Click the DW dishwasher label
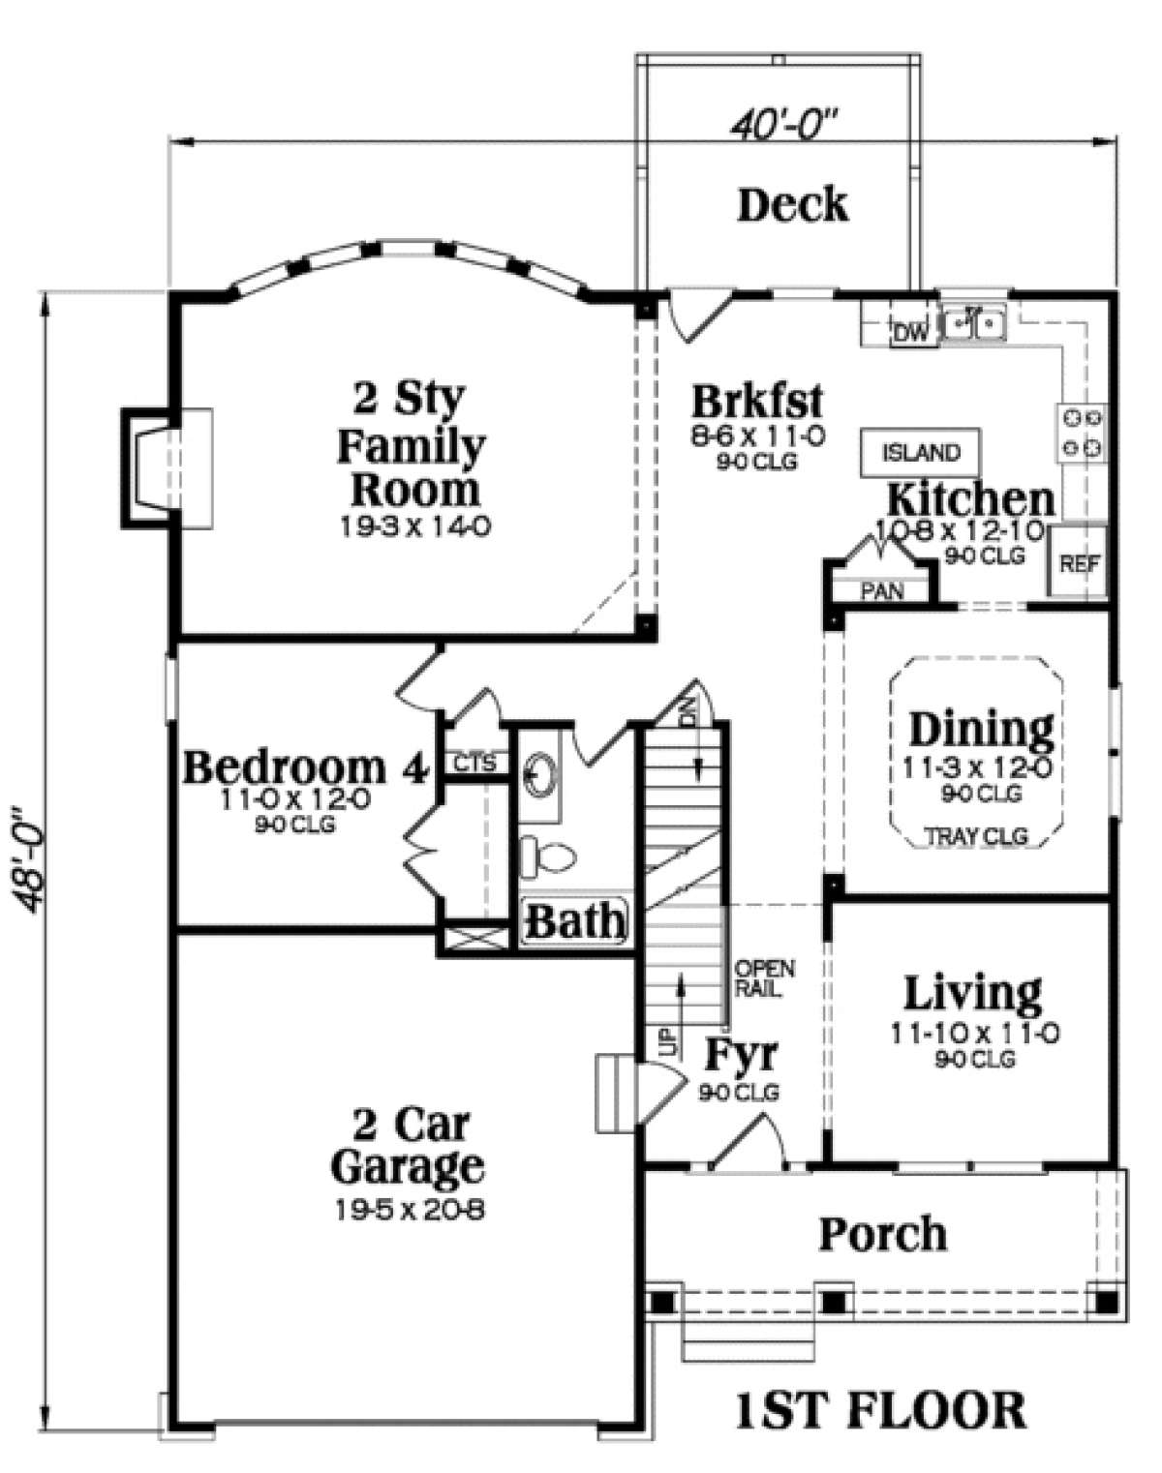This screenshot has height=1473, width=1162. point(911,333)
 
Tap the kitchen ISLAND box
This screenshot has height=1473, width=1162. point(920,452)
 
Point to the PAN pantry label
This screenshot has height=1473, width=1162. point(880,590)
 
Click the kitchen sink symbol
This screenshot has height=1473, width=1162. point(974,322)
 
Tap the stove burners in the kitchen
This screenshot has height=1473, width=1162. point(1082,432)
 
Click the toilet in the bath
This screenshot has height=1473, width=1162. point(547,856)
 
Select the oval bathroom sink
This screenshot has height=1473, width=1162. point(543,774)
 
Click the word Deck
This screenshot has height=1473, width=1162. point(793,204)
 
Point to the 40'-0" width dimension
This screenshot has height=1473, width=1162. point(784,125)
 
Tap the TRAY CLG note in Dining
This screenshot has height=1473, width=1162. point(977,836)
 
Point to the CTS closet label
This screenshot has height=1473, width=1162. point(475,763)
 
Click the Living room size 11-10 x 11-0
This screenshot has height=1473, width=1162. point(975,1034)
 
